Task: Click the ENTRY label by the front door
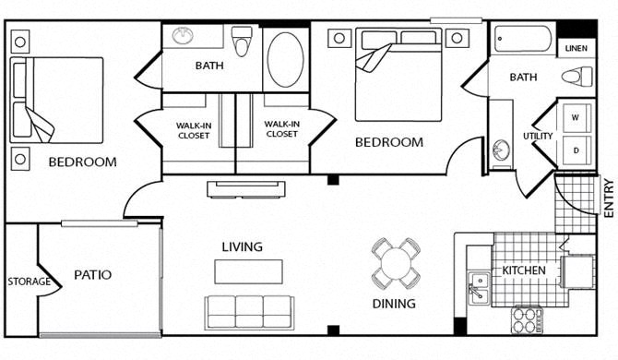609,198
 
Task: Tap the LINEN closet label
576,49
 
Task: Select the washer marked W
577,118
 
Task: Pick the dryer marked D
577,150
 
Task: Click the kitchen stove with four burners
527,319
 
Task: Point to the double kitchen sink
480,288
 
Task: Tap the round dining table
396,263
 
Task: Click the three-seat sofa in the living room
249,312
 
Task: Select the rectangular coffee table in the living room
248,271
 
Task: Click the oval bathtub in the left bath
286,60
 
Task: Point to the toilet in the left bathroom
242,41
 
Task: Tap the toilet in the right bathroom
577,75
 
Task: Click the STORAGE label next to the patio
30,282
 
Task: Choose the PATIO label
92,275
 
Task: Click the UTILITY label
538,136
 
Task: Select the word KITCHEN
524,270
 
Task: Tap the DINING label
394,304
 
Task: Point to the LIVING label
242,246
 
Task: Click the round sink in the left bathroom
183,35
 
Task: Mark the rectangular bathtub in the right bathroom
523,39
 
